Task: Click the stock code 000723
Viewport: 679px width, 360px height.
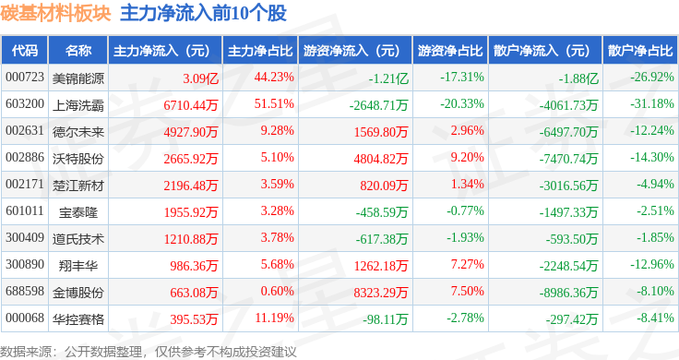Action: coord(25,78)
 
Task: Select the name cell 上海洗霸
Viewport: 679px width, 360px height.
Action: coord(78,105)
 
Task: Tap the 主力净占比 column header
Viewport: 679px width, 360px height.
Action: coord(260,51)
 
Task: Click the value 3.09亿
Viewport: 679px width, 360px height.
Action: coord(200,78)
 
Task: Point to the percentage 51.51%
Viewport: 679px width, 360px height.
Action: coord(274,104)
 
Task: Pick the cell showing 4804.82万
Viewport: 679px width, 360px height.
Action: coord(381,159)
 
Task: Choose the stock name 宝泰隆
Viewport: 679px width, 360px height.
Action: coord(78,211)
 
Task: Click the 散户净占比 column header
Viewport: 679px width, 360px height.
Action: coord(640,51)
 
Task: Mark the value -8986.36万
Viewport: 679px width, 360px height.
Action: coord(568,293)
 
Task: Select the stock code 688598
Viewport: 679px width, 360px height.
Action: coord(25,291)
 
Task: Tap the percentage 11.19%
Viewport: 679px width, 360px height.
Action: coord(275,318)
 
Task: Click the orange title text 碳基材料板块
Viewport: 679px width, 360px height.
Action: coord(55,13)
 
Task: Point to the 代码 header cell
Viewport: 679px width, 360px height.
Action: coord(25,51)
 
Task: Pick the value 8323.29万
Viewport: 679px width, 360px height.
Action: coord(381,293)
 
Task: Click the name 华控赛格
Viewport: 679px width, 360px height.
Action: coord(78,319)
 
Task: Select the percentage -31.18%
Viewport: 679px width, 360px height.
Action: coord(652,104)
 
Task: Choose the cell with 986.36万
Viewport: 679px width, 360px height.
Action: coord(194,266)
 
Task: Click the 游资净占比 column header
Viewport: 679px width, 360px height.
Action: coord(450,51)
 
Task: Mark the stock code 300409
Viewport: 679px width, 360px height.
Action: coord(25,238)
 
